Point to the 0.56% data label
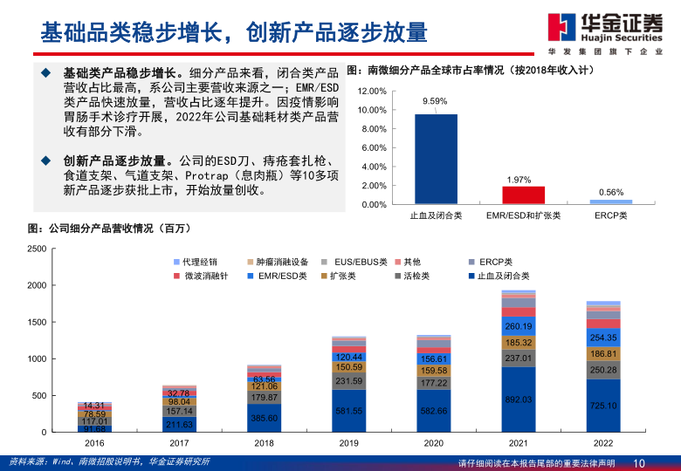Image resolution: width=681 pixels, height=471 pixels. pyautogui.click(x=610, y=192)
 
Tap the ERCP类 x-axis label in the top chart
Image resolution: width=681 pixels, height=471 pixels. pyautogui.click(x=610, y=215)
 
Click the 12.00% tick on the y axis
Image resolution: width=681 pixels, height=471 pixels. pyautogui.click(x=372, y=91)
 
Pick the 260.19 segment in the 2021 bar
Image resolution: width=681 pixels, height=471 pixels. pyautogui.click(x=519, y=327)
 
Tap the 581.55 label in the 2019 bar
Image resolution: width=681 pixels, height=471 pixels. pyautogui.click(x=348, y=411)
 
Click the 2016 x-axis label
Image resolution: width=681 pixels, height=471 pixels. pyautogui.click(x=93, y=443)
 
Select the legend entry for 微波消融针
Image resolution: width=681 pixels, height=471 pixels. pyautogui.click(x=201, y=276)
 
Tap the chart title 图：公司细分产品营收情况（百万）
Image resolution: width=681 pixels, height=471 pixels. pyautogui.click(x=109, y=229)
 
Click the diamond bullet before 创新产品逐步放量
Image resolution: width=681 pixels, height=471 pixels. pyautogui.click(x=45, y=161)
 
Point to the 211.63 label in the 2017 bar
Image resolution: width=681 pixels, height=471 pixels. pyautogui.click(x=179, y=425)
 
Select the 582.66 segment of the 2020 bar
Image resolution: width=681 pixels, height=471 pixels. pyautogui.click(x=433, y=411)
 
